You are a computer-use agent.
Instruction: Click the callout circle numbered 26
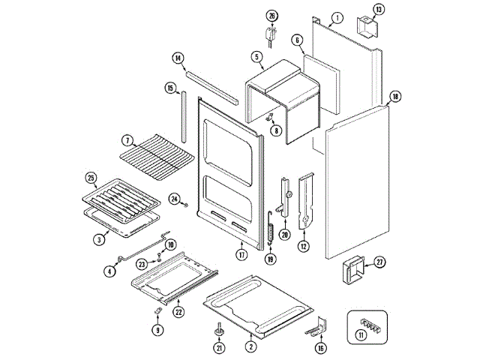tap(271, 16)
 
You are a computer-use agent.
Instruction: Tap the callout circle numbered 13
tap(379, 10)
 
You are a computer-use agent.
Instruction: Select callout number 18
tap(395, 96)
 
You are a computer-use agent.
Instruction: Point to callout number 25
tap(91, 178)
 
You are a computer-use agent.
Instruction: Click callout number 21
tap(219, 347)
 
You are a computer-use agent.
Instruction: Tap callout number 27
tap(379, 262)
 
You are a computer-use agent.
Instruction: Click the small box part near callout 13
tap(367, 28)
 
